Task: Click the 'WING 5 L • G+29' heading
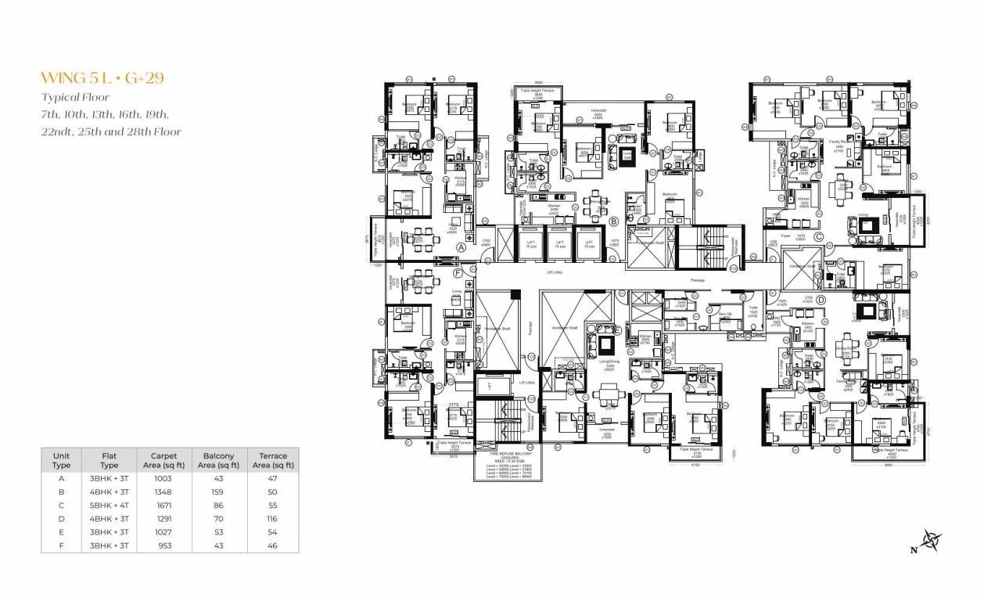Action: [x=102, y=78]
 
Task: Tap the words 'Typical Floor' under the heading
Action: [x=76, y=98]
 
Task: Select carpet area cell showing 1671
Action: [x=164, y=505]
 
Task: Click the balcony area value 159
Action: [x=218, y=491]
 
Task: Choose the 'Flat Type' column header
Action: [x=110, y=460]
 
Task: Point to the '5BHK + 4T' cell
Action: [x=110, y=505]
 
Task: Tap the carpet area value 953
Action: [x=164, y=545]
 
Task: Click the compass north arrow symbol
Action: [x=930, y=540]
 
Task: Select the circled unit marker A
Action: [x=461, y=247]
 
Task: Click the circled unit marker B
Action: [x=614, y=221]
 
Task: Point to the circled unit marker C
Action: [x=818, y=236]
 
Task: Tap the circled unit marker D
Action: [x=821, y=299]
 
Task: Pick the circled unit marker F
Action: [x=457, y=273]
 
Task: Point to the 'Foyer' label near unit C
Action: [x=801, y=237]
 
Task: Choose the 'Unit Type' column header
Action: [x=61, y=460]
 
